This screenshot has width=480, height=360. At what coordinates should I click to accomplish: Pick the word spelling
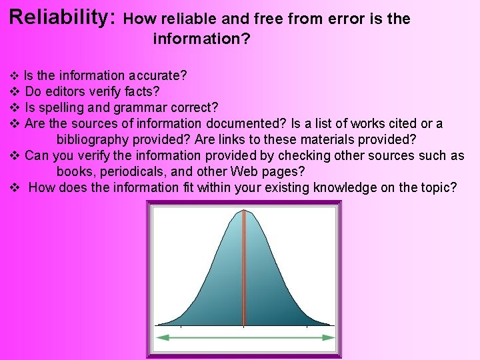pyautogui.click(x=63, y=107)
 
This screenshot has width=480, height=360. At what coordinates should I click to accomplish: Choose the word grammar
pyautogui.click(x=140, y=107)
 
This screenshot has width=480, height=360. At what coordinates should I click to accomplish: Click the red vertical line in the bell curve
pyautogui.click(x=244, y=267)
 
